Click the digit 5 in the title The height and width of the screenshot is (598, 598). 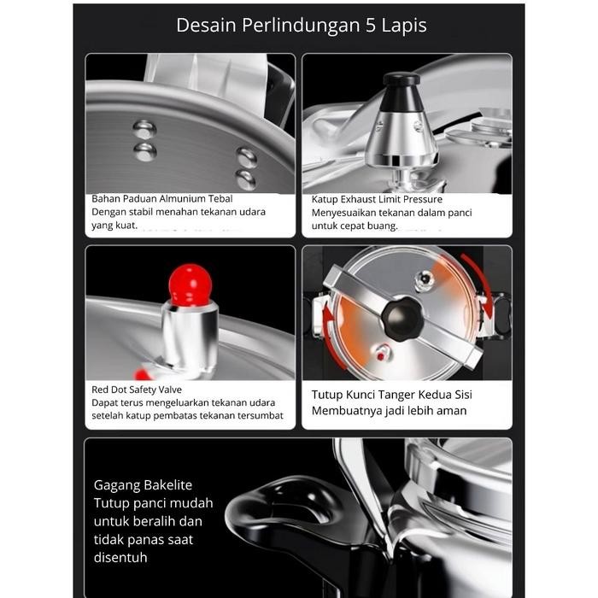point(370,25)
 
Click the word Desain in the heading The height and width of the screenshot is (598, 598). point(206,25)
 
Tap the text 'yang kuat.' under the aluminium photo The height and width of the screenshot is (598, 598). point(114,226)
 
